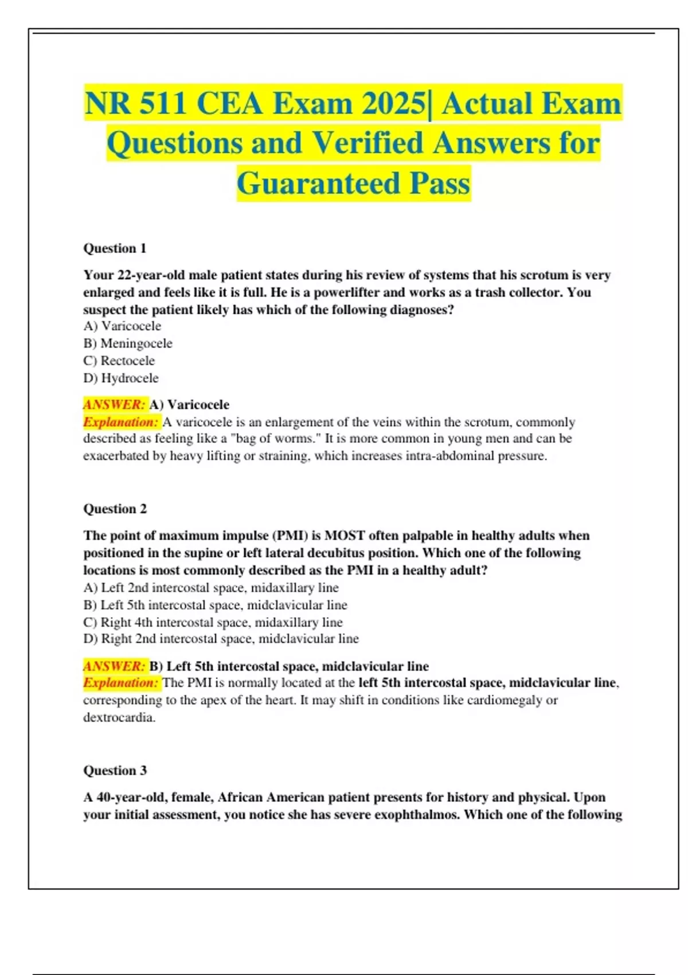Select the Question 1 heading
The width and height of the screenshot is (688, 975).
(x=115, y=248)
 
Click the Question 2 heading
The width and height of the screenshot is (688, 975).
(x=115, y=509)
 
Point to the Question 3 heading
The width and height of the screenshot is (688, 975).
(x=115, y=770)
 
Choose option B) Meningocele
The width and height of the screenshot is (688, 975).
(x=128, y=344)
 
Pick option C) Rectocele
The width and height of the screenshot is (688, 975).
(x=119, y=361)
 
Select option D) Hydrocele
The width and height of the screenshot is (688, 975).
(x=121, y=378)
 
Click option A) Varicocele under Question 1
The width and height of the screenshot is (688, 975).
(x=122, y=326)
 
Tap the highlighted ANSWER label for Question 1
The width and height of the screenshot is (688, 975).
(x=115, y=404)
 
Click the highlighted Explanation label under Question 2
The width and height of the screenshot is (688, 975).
(x=120, y=682)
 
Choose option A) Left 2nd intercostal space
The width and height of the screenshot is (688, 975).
(x=211, y=587)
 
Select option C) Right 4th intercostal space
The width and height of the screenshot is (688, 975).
(x=213, y=622)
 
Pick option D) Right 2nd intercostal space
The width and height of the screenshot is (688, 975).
(x=221, y=638)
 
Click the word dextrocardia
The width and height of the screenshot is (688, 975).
(x=119, y=717)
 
